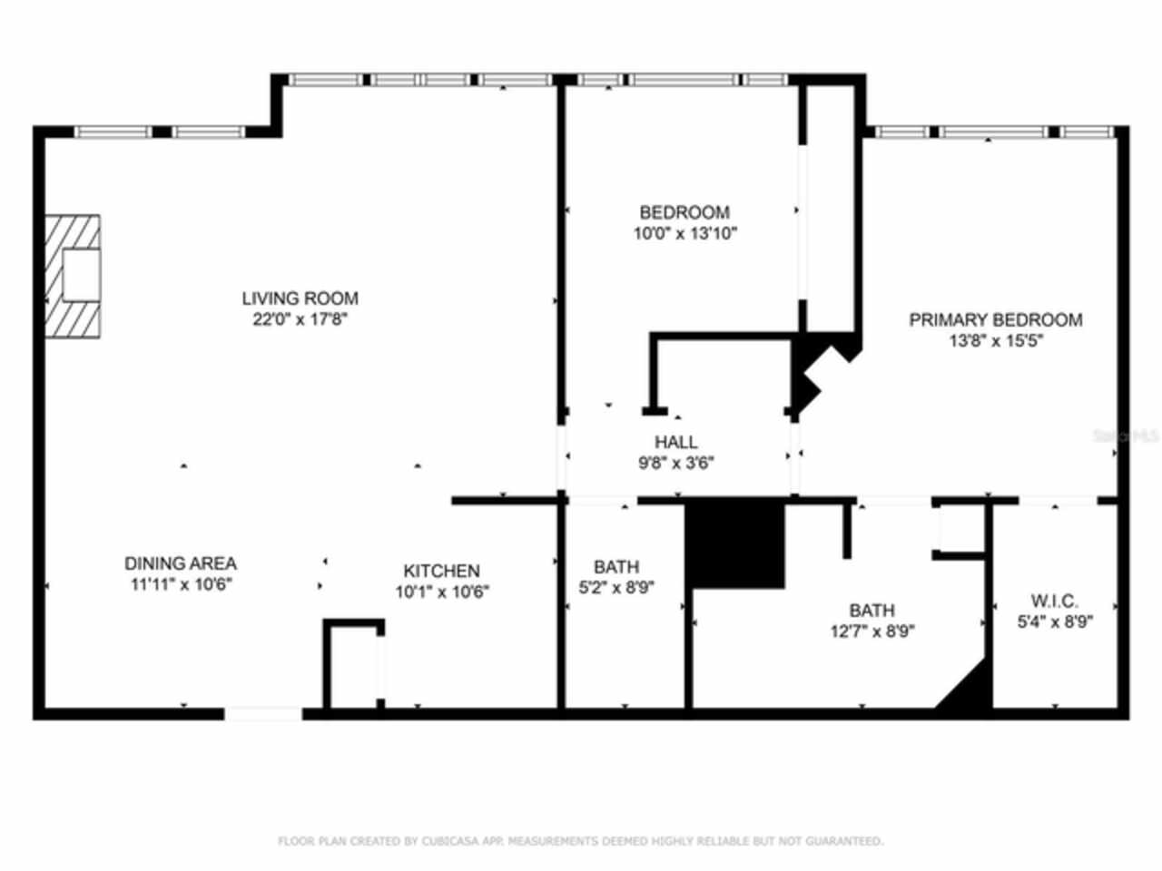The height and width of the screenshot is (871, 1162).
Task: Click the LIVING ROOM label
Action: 300,298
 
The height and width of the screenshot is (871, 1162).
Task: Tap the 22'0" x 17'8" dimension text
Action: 300,319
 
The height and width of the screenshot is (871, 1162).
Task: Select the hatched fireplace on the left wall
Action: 73,276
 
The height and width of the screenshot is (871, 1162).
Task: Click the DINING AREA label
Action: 181,563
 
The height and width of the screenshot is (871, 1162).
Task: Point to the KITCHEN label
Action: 441,571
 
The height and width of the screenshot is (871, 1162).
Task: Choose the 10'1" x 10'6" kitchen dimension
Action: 441,592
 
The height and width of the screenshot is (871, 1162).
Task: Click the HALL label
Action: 676,442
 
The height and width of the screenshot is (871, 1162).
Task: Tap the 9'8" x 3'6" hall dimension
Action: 676,464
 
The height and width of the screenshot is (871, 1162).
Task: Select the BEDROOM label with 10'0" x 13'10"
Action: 684,212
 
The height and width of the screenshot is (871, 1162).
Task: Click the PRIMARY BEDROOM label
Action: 996,319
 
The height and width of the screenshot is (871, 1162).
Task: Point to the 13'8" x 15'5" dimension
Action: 996,341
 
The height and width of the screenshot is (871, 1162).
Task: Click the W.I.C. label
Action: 1054,601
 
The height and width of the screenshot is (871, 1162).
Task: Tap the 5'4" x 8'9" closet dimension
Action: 1054,622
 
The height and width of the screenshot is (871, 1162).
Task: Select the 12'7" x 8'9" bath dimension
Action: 871,631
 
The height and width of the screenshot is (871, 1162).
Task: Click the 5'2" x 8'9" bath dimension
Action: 616,588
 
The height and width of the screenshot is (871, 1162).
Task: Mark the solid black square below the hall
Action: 734,543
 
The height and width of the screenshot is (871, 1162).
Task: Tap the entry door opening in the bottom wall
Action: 263,714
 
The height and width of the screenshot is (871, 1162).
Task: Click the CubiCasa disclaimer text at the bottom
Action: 580,841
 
